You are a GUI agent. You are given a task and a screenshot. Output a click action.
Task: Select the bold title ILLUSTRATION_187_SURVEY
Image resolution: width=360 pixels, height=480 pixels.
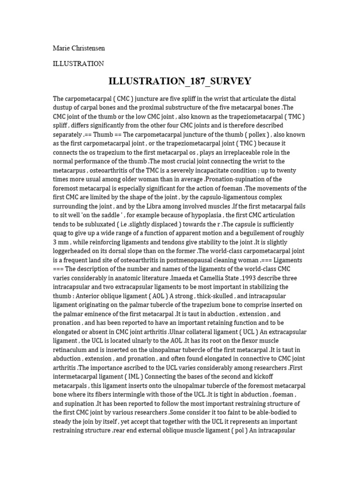coord(180,81)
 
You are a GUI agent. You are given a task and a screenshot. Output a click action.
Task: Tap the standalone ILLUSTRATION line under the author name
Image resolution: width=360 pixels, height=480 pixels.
coord(78,63)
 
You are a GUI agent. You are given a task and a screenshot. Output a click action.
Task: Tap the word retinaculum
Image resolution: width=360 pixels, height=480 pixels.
coord(72,350)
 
